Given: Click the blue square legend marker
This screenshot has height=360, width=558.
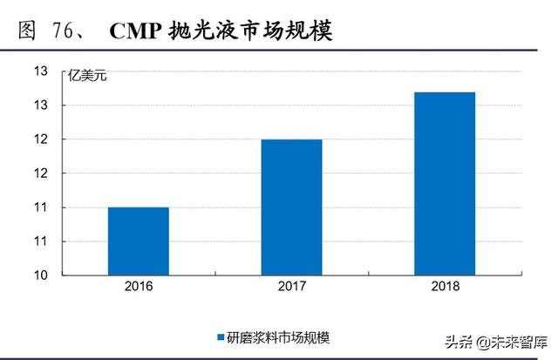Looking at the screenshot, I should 220,336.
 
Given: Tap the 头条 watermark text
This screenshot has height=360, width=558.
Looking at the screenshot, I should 432,339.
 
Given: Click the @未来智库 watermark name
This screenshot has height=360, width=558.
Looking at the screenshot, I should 498,339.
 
